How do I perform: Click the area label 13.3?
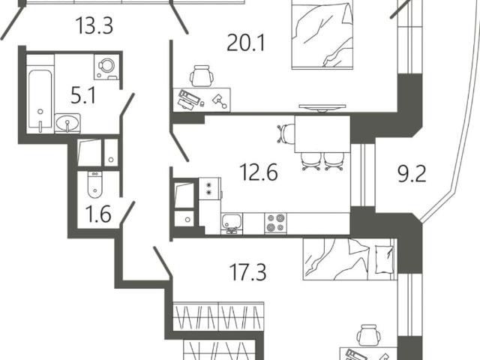point(94,25)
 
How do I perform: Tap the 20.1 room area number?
point(246,43)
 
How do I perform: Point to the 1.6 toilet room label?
point(98,214)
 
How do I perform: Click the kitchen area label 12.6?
point(259,172)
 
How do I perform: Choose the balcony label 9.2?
point(412,175)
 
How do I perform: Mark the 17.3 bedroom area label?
point(247,272)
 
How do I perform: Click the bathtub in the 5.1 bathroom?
point(40,101)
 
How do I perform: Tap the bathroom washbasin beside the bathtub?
point(67,123)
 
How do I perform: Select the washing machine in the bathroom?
point(106,67)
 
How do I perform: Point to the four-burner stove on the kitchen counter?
point(276,223)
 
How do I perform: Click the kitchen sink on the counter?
point(232,223)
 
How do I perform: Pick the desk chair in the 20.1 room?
point(202,76)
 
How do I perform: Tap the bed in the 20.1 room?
point(322,34)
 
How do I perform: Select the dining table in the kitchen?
point(322,134)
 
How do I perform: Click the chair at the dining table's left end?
point(286,133)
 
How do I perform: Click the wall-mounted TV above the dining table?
point(322,107)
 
